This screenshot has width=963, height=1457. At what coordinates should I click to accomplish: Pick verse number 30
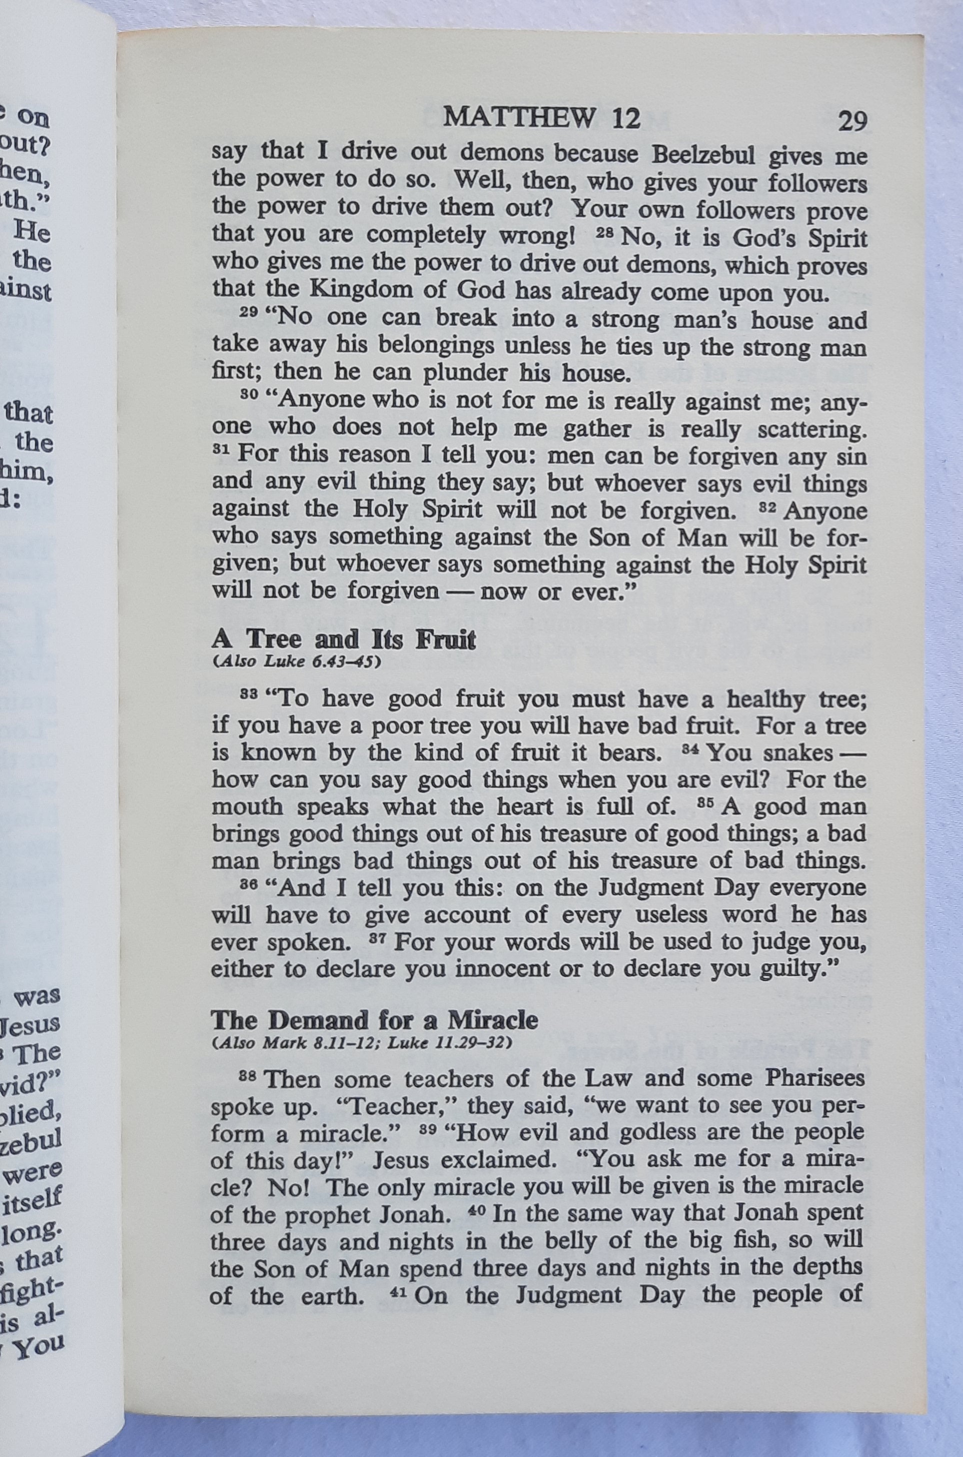tap(248, 394)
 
